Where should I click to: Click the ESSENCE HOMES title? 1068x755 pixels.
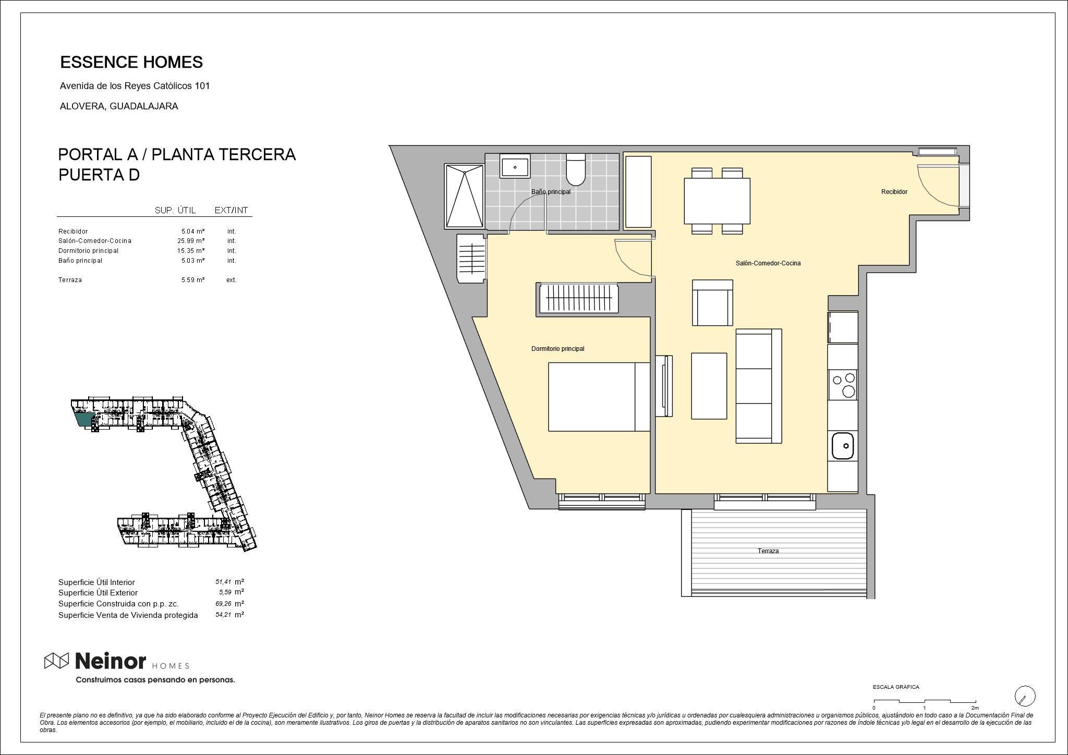(131, 62)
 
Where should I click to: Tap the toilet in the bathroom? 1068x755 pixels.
(576, 169)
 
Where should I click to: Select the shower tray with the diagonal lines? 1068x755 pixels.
(465, 196)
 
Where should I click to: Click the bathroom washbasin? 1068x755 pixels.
(515, 166)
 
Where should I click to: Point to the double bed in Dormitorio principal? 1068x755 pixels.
(599, 397)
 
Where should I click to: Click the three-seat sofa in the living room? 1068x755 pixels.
(758, 386)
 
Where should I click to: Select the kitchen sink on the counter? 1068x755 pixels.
(842, 446)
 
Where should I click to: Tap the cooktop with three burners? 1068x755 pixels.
(843, 385)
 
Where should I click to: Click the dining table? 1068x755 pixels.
(717, 201)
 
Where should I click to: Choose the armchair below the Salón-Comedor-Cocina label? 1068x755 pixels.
(712, 303)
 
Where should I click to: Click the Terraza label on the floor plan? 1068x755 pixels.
(768, 551)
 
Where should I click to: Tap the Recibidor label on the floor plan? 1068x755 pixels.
(894, 192)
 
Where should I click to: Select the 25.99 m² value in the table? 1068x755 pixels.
(191, 241)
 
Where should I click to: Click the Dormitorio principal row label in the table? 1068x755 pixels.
(89, 251)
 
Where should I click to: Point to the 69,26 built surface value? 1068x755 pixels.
(223, 604)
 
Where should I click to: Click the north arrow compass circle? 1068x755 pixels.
(1025, 696)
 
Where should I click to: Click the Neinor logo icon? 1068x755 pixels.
(56, 661)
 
